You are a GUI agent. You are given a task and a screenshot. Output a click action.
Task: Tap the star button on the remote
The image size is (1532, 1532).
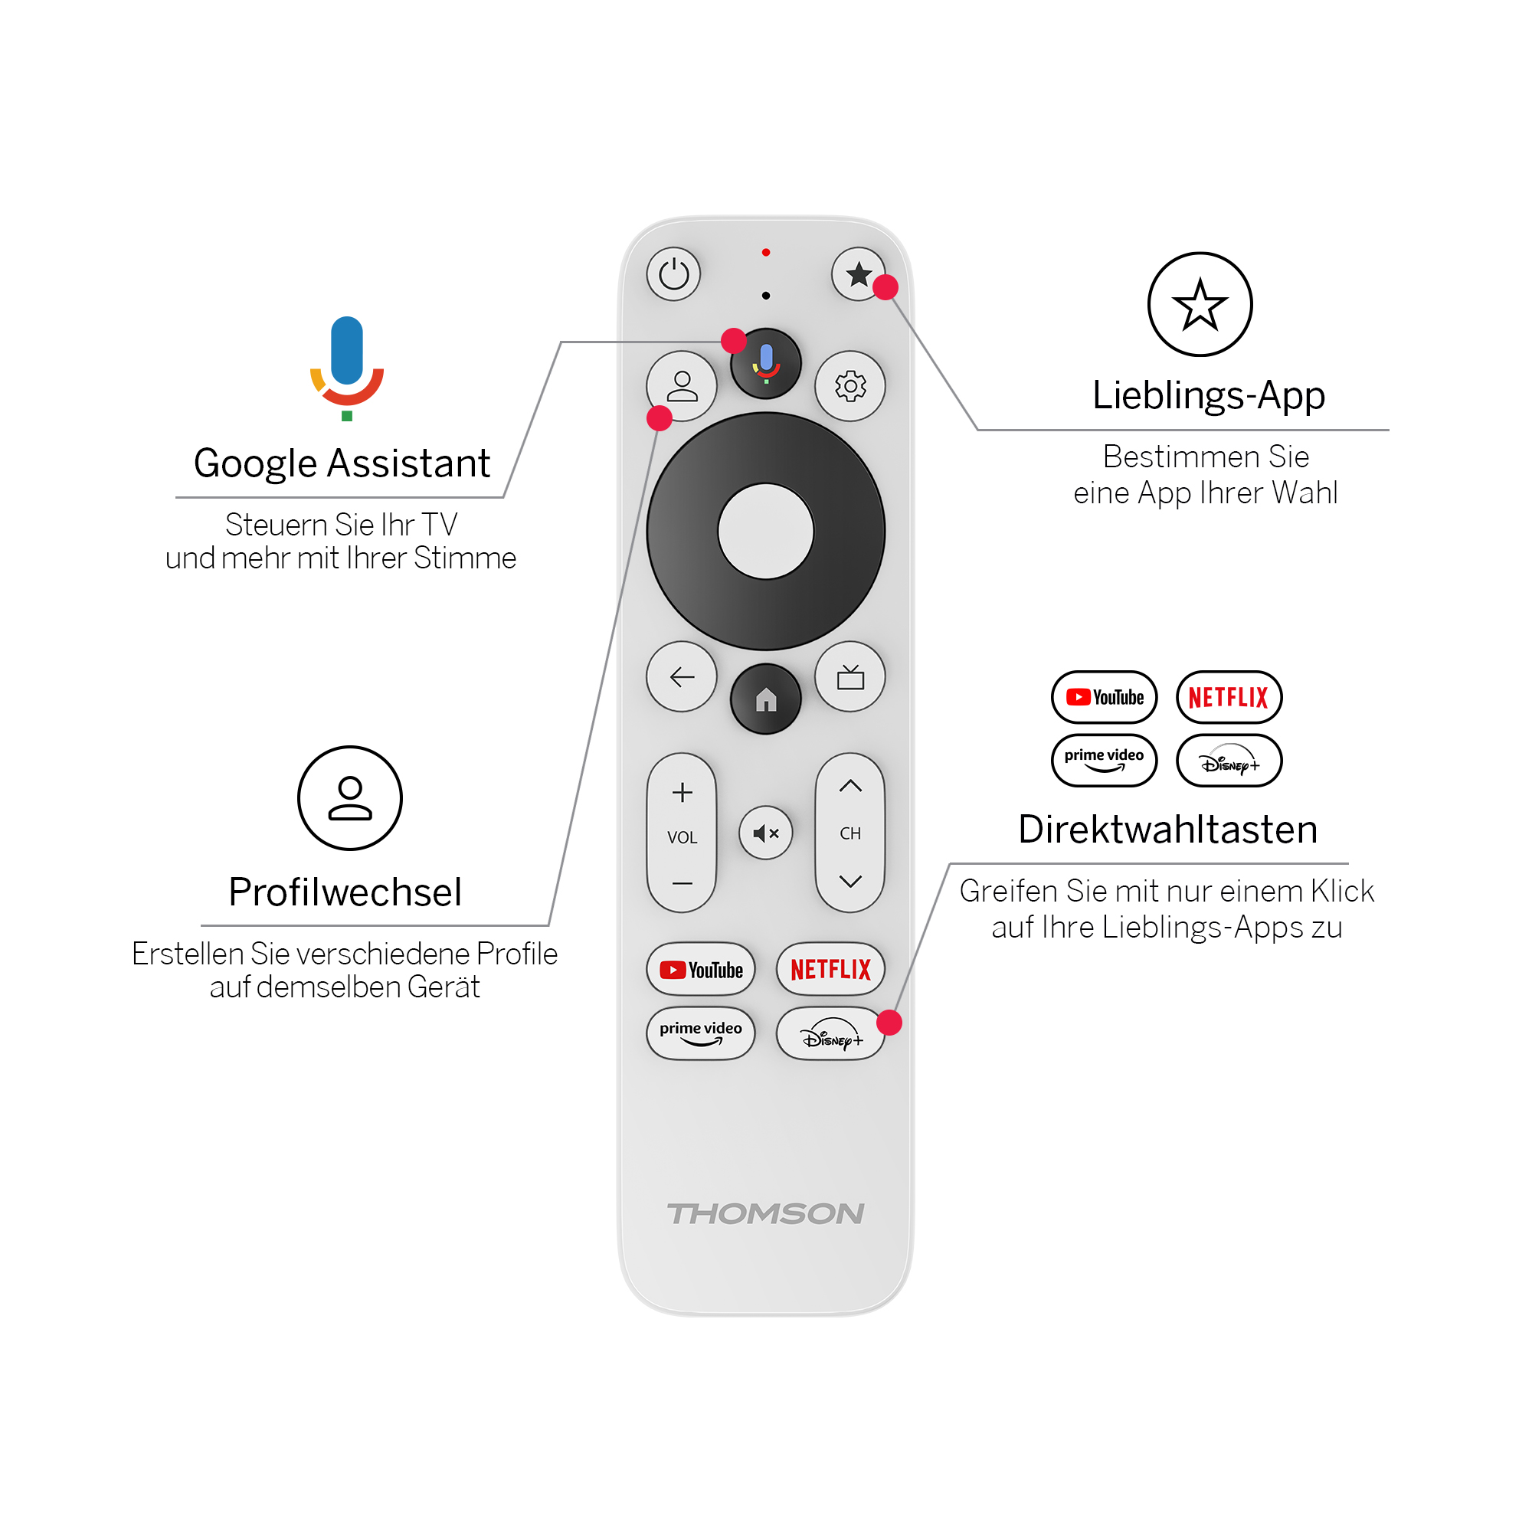coord(858,274)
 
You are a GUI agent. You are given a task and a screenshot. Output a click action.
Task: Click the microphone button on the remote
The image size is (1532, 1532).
coord(766,363)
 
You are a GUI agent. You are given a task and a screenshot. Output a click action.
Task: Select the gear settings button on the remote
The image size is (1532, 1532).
coord(850,386)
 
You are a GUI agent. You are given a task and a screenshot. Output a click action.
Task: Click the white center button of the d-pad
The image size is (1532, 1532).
coord(766,532)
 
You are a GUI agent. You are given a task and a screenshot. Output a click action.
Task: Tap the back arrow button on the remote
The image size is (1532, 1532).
coord(682,676)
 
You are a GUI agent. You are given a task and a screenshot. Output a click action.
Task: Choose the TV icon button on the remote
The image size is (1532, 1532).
coord(850,676)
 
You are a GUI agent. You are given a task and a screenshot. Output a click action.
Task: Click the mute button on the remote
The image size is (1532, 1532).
coord(766,833)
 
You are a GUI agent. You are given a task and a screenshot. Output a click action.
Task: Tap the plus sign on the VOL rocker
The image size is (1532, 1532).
coord(682,792)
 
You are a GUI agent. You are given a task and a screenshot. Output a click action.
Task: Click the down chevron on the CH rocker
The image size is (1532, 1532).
coord(850,881)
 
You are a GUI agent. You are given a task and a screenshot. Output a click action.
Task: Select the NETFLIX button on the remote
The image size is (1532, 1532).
coord(830,969)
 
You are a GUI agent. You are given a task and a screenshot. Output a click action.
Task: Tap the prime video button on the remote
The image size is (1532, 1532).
coord(701,1033)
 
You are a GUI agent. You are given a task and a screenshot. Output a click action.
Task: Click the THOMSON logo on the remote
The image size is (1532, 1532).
coord(766,1213)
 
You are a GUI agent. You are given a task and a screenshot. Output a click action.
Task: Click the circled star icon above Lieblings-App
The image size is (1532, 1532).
coord(1200,305)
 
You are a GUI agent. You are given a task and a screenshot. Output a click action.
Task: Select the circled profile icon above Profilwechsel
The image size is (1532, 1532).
coord(350,797)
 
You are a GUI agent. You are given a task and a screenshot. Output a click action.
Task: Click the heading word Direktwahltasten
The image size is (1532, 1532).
coord(1168,830)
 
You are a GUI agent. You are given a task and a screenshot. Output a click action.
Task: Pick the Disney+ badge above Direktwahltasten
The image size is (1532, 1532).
coord(1229,761)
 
